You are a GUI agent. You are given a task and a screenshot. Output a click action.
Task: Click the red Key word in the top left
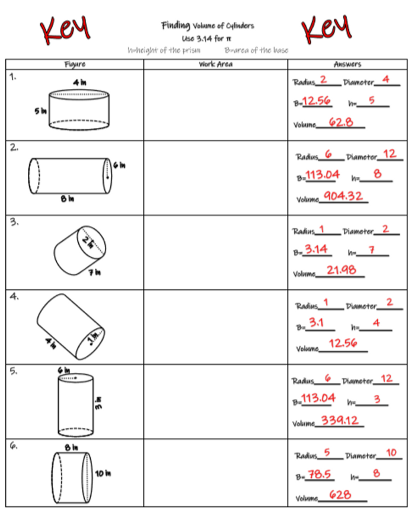pos(65,27)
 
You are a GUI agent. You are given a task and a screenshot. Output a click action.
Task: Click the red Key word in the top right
pos(325,27)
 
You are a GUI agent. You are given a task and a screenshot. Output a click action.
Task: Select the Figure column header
pos(74,64)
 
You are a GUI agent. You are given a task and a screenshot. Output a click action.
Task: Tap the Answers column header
pos(347,64)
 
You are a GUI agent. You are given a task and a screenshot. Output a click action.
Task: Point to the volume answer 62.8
pos(341,123)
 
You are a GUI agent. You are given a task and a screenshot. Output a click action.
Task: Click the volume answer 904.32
pos(343,196)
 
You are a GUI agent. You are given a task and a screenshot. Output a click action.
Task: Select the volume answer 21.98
pos(341,270)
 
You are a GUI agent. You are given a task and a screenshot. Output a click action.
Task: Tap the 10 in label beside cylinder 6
pos(103,474)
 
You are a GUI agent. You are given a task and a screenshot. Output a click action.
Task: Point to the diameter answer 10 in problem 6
pos(391,454)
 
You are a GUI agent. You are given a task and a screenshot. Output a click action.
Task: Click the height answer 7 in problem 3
pos(371,250)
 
